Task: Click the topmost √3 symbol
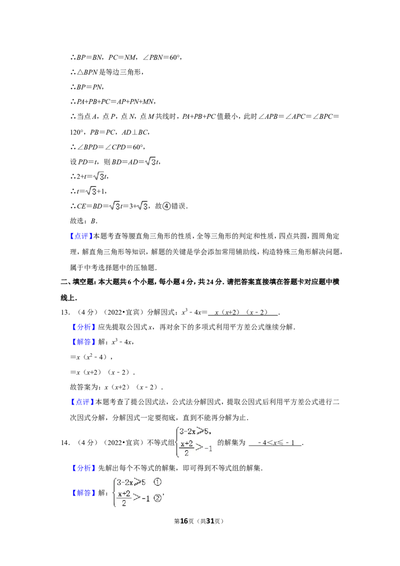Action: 151,162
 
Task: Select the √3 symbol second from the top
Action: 100,176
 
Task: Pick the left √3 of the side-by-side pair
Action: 115,206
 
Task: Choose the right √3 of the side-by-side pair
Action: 143,206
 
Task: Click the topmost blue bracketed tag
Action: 81,236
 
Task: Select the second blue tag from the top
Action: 83,327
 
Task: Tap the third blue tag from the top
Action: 83,342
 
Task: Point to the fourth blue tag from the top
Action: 82,402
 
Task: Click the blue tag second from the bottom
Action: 83,468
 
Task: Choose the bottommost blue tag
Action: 83,493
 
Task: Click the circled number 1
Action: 157,482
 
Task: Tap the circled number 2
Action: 158,498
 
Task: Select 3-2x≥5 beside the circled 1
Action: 131,482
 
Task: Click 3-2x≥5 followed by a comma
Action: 195,431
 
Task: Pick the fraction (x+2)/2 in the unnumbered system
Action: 187,448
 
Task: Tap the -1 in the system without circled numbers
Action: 209,448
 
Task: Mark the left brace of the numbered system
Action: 113,492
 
